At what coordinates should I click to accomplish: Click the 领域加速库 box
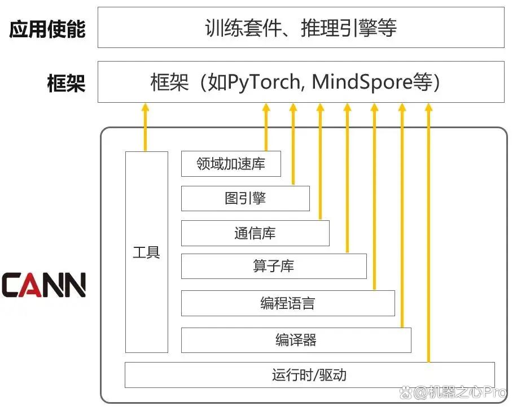[231, 164]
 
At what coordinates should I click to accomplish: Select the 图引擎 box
[246, 198]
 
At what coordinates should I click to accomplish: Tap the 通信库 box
[255, 233]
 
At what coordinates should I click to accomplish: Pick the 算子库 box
[274, 266]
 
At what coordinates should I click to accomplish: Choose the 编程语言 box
[288, 303]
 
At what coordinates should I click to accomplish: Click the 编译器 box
[296, 340]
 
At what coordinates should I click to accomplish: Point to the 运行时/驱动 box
[310, 375]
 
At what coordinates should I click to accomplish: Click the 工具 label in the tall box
[146, 252]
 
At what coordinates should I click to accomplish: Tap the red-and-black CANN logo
[43, 285]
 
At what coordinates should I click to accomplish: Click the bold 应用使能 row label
[47, 29]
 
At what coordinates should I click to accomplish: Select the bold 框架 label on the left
[66, 83]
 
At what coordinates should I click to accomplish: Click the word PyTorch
[264, 82]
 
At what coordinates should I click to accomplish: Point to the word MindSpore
[362, 81]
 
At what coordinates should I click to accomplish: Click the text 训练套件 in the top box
[243, 28]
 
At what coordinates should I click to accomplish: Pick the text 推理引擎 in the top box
[339, 28]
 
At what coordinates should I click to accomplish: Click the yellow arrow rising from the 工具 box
[146, 127]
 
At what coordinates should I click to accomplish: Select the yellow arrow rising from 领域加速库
[266, 127]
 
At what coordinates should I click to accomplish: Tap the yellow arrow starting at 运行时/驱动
[428, 233]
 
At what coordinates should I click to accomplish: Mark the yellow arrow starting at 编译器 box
[402, 215]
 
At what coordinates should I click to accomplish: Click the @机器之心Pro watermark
[453, 392]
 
